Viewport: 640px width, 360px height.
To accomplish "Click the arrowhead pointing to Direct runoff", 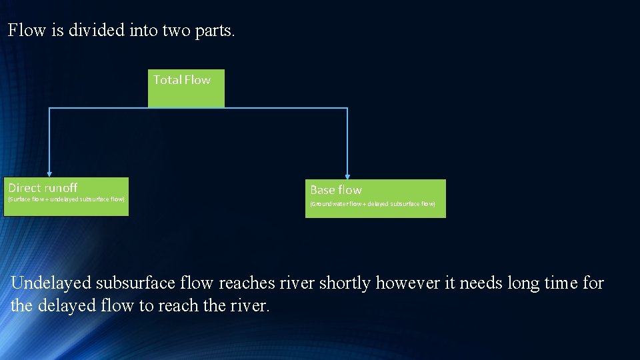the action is [49, 173].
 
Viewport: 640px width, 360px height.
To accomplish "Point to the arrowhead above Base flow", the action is [347, 175].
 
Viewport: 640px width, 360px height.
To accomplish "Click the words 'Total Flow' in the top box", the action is [182, 80].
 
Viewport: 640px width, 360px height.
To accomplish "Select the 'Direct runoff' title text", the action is [43, 188].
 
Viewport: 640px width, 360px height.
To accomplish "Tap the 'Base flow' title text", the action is [336, 190].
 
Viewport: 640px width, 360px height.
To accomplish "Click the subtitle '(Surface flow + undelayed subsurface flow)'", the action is [66, 199].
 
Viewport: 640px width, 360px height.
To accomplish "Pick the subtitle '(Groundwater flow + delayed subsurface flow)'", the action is [373, 204].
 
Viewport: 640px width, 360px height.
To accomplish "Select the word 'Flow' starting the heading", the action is [26, 31].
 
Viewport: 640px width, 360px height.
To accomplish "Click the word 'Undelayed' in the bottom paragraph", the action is [51, 283].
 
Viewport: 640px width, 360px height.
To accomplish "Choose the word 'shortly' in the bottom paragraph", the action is [345, 283].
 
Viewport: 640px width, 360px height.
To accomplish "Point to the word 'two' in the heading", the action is [176, 31].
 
